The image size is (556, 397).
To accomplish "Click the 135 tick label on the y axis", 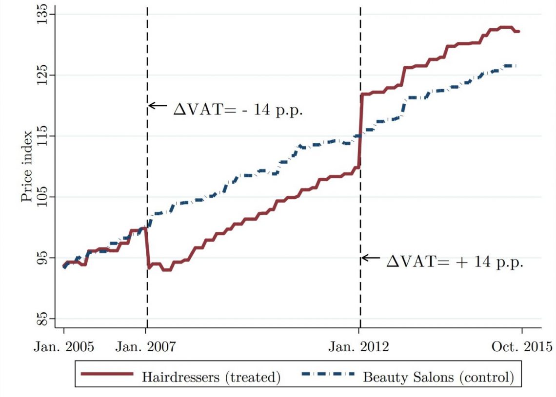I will click(x=43, y=15).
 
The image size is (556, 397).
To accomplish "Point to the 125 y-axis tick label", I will click(x=43, y=76).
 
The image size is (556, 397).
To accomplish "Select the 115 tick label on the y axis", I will click(x=43, y=136).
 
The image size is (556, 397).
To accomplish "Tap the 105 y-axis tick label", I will click(x=43, y=197).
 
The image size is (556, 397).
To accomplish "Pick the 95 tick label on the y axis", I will click(x=43, y=258).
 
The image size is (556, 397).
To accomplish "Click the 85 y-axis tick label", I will click(x=43, y=319).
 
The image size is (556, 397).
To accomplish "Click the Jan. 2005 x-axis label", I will click(x=63, y=347).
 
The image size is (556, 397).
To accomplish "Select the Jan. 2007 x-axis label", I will click(x=146, y=347).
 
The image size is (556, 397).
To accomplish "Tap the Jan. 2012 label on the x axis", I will click(x=359, y=347).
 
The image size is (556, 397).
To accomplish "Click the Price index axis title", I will click(x=27, y=166).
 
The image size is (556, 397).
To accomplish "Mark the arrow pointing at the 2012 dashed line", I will click(x=370, y=258).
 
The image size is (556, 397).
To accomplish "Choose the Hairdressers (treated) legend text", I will click(x=211, y=376).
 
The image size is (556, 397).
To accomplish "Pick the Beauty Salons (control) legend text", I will click(x=438, y=376).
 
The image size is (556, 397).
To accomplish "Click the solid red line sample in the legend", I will click(x=107, y=375).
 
